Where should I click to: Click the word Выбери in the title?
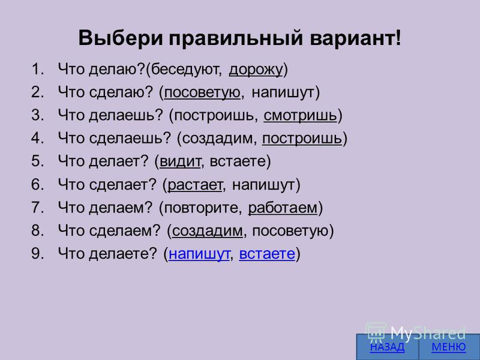point(121,38)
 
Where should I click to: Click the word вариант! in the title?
point(355,38)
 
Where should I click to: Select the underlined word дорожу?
point(256,70)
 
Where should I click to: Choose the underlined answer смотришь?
point(300,116)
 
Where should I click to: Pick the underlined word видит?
point(181,161)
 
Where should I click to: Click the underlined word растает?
point(194,185)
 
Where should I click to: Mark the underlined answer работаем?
point(283,208)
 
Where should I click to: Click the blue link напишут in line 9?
point(199,254)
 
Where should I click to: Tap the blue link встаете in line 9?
point(267,254)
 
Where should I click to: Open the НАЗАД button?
point(387,347)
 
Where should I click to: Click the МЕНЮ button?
point(449,347)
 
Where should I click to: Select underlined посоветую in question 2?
point(202,93)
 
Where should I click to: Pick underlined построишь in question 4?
point(302,139)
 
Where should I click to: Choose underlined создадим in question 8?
point(207,231)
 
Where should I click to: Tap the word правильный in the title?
point(236,38)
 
